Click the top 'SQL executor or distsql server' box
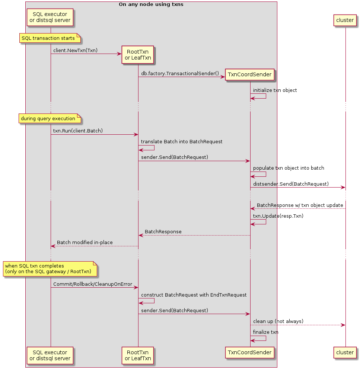(x=50, y=17)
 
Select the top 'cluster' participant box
(x=345, y=20)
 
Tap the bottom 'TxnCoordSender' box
(x=250, y=352)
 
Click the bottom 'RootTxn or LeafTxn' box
(x=138, y=355)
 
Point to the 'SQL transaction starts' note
(x=50, y=38)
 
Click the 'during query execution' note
(x=50, y=119)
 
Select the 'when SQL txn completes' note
(x=50, y=269)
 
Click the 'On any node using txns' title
(x=151, y=4)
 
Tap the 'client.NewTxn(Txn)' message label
(x=75, y=50)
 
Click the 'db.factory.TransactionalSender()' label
(x=180, y=74)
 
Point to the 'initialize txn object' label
(x=275, y=90)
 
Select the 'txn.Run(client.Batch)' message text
(x=78, y=131)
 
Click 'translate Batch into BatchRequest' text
(x=182, y=141)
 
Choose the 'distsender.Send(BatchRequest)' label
(x=291, y=184)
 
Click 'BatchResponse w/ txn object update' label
(x=300, y=205)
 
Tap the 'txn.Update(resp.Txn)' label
(x=278, y=216)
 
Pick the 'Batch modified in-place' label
(x=85, y=242)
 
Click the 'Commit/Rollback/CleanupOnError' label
(x=93, y=284)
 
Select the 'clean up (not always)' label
(x=278, y=321)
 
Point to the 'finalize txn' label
(x=265, y=332)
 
